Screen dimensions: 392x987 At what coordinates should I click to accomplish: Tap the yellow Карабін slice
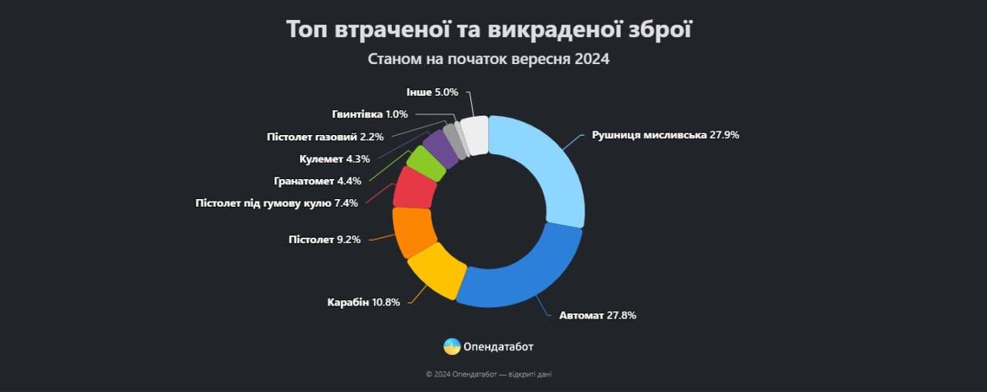tap(436, 271)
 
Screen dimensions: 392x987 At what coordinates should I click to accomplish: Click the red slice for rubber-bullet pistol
tap(413, 188)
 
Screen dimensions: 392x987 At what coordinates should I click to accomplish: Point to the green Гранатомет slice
tap(425, 162)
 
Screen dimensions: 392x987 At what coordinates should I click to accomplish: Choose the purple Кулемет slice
tap(441, 147)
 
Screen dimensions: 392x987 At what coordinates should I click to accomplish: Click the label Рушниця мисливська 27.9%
tap(665, 135)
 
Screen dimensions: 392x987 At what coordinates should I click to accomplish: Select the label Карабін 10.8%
tap(363, 302)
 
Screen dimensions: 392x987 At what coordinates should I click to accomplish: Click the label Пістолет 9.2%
tap(324, 239)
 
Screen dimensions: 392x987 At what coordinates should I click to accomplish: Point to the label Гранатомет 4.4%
tap(317, 181)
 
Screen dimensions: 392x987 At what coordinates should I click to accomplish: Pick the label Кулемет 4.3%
tap(334, 159)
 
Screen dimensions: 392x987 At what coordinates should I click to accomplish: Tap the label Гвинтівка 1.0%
tap(369, 114)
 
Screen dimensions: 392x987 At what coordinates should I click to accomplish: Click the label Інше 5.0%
tap(433, 92)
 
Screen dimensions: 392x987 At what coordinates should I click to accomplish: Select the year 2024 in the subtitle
tap(592, 59)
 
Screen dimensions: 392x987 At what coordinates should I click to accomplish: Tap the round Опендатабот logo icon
tap(452, 346)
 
